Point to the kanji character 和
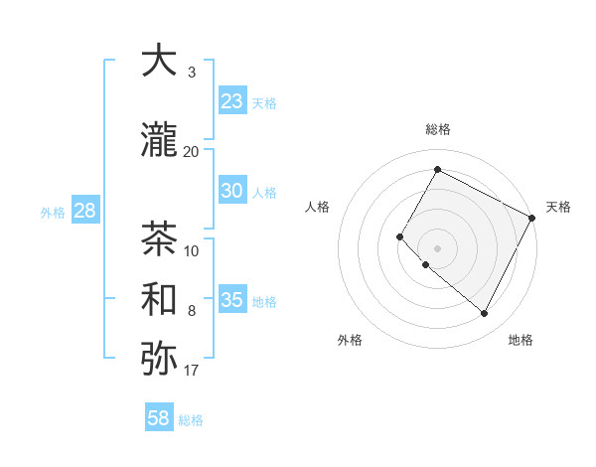click(x=159, y=299)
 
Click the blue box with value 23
click(x=231, y=101)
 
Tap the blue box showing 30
click(x=231, y=191)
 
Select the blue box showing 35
click(x=231, y=300)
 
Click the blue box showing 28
click(x=84, y=211)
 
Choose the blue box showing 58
click(x=159, y=418)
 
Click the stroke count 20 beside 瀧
click(x=191, y=152)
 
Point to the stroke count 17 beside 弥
click(x=191, y=371)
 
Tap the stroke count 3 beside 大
click(x=191, y=73)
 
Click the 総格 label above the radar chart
click(x=437, y=129)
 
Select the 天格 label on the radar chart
click(x=558, y=207)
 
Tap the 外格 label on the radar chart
click(x=350, y=340)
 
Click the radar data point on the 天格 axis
click(x=532, y=217)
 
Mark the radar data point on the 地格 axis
click(x=485, y=314)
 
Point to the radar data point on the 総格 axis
click(x=437, y=169)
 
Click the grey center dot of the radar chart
click(x=437, y=247)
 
